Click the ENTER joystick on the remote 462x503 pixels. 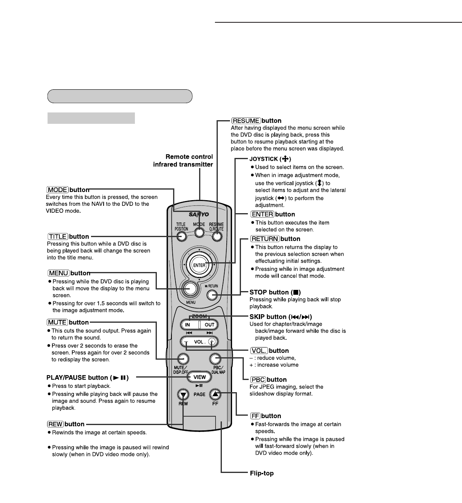pyautogui.click(x=199, y=265)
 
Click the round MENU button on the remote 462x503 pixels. pyautogui.click(x=190, y=289)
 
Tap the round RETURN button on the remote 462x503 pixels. pyautogui.click(x=212, y=294)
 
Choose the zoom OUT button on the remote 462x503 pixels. pyautogui.click(x=209, y=325)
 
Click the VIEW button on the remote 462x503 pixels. pyautogui.click(x=199, y=377)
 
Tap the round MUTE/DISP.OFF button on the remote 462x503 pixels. pyautogui.click(x=183, y=358)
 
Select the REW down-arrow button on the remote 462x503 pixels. pyautogui.click(x=183, y=394)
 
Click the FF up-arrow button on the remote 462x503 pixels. pyautogui.click(x=215, y=393)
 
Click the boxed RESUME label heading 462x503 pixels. pyautogui.click(x=246, y=121)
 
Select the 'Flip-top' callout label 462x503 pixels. pyautogui.click(x=262, y=473)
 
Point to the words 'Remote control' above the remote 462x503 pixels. pyautogui.click(x=189, y=157)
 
